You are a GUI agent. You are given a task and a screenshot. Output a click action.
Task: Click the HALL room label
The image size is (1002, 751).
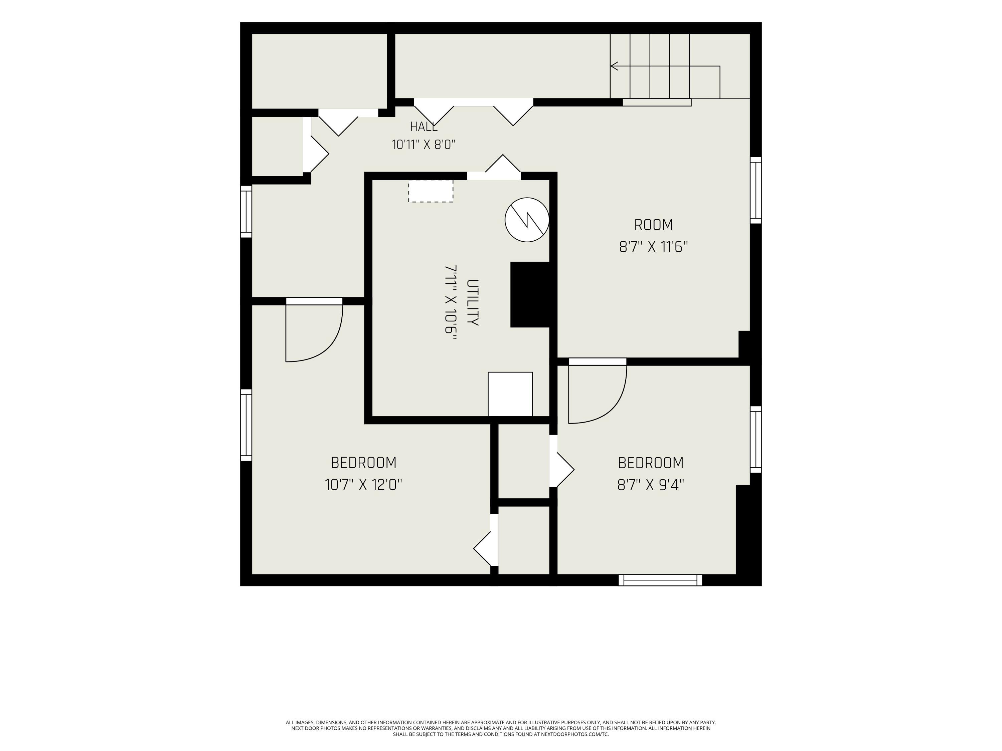tap(424, 127)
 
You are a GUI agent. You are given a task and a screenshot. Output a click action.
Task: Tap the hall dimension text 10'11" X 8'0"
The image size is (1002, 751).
tap(424, 145)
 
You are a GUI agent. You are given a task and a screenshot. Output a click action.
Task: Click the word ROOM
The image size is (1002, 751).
tap(653, 225)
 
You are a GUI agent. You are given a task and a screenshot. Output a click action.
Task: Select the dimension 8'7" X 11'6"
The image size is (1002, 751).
tap(653, 247)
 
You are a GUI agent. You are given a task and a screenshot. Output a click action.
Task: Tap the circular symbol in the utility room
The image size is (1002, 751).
tap(527, 220)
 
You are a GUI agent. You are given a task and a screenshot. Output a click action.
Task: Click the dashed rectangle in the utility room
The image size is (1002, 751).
tap(431, 191)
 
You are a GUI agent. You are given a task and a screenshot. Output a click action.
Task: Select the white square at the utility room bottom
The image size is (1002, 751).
tap(510, 394)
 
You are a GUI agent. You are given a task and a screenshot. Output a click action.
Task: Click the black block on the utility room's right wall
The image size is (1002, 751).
tap(530, 294)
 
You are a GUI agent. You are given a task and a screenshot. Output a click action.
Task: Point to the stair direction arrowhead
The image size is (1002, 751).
tap(614, 66)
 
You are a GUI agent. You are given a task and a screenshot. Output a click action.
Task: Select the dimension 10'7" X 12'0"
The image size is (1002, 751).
tap(363, 485)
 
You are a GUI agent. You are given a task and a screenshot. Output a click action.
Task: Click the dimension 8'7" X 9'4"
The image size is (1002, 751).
tap(651, 485)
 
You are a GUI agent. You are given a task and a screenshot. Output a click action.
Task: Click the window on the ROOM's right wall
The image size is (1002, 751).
tap(756, 190)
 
